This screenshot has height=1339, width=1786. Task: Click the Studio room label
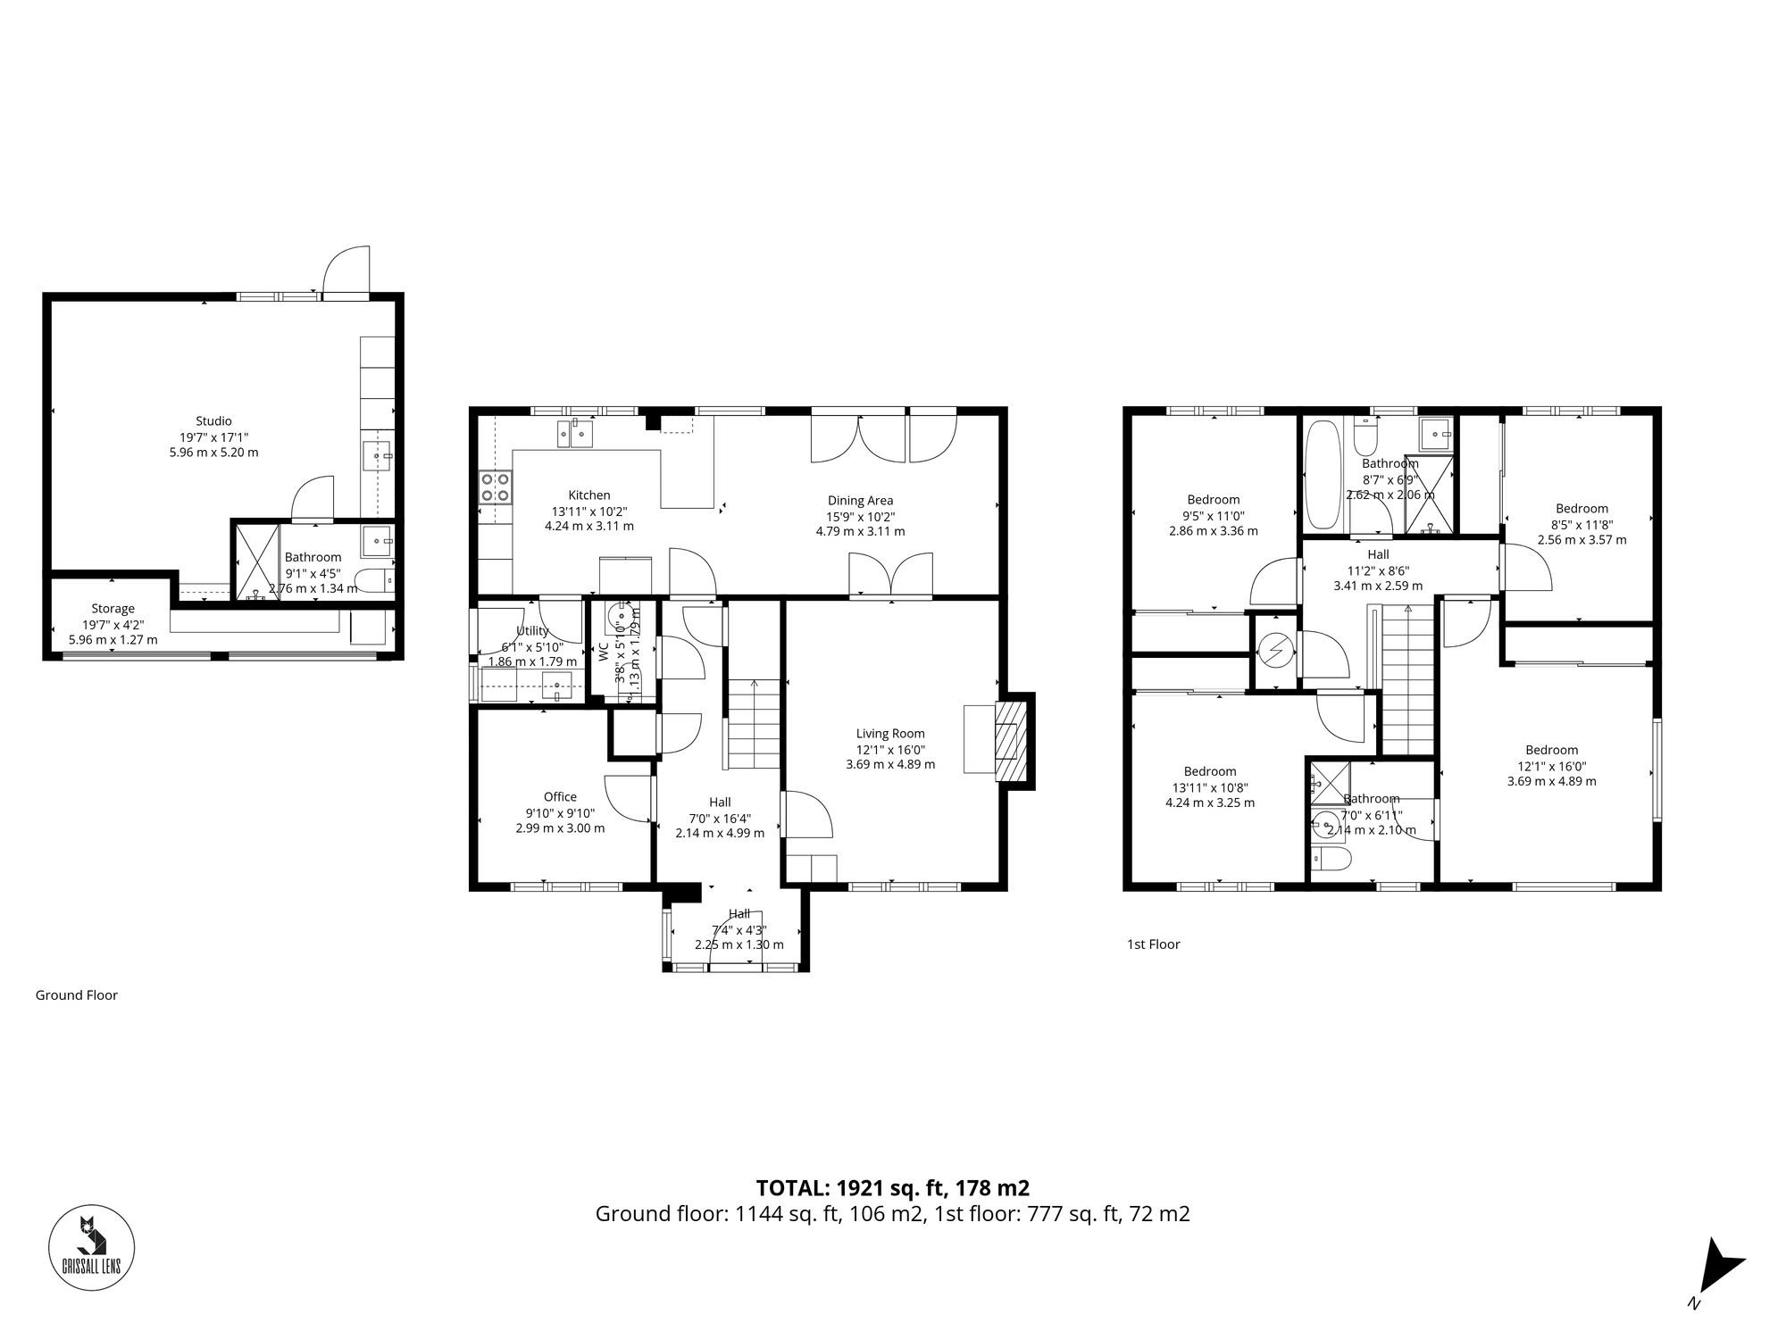[x=213, y=421]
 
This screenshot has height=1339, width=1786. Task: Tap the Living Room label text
[x=890, y=734]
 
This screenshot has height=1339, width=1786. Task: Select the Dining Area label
[x=860, y=501]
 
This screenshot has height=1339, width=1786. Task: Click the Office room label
[x=560, y=797]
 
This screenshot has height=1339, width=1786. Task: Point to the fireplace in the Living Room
[x=1011, y=741]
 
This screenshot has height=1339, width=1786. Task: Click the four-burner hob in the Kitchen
[x=496, y=487]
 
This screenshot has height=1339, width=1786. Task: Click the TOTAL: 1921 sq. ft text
[x=892, y=1188]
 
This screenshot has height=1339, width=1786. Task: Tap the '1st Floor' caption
[x=1153, y=944]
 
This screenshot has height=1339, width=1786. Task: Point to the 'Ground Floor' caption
[x=77, y=995]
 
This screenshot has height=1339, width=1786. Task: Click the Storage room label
[x=113, y=609]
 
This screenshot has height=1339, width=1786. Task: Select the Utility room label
[x=532, y=631]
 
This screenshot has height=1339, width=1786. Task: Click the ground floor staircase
[x=755, y=724]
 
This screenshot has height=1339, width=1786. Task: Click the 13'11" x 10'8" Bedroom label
[x=1210, y=772]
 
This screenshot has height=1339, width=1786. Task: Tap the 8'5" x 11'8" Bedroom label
[x=1582, y=509]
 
